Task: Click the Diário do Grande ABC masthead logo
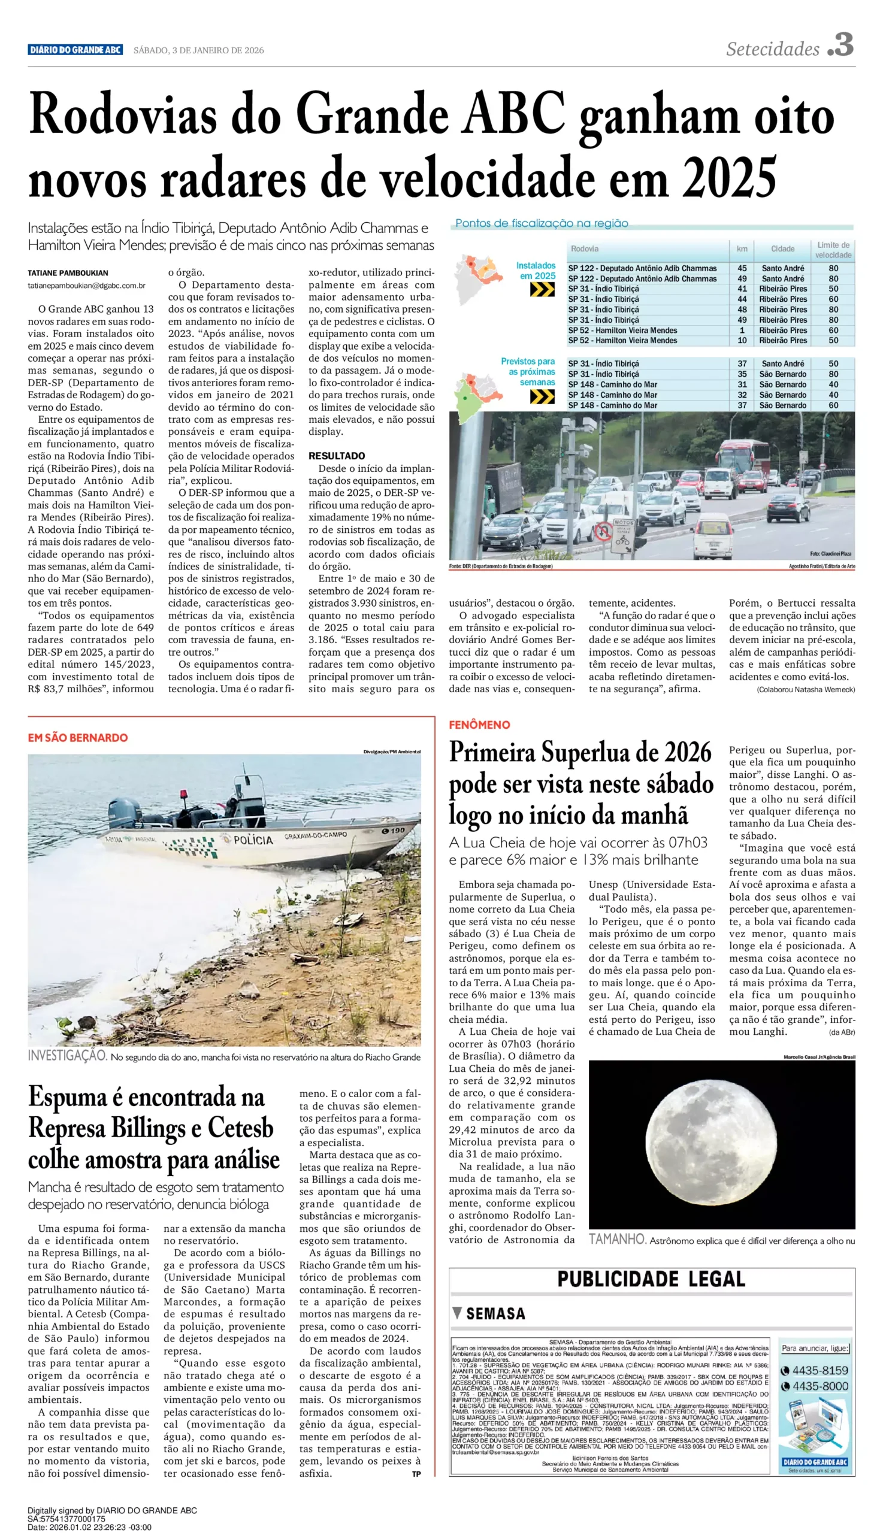[x=75, y=50]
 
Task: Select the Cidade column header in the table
[x=782, y=249]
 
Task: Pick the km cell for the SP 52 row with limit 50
[x=742, y=341]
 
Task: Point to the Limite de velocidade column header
[x=833, y=250]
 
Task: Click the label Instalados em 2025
[x=536, y=271]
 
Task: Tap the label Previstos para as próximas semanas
[x=528, y=372]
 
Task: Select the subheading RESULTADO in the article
[x=337, y=456]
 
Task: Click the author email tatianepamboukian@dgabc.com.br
[x=86, y=286]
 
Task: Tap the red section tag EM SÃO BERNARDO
[x=78, y=738]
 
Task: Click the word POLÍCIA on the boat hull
[x=253, y=840]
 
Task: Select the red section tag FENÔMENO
[x=479, y=725]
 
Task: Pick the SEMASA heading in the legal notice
[x=495, y=1314]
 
